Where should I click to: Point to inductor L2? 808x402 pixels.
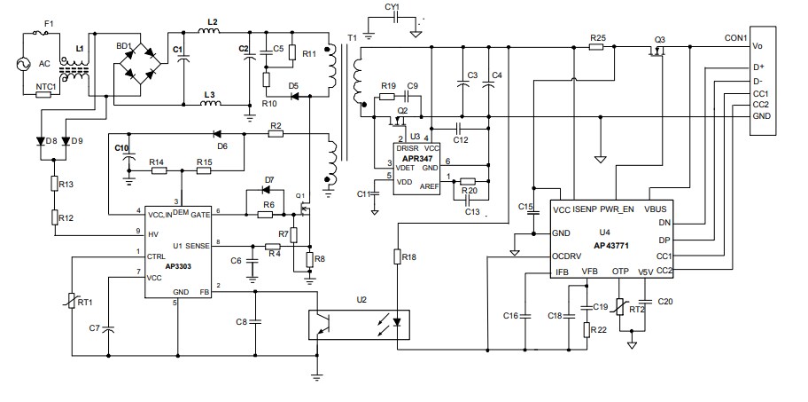click(211, 33)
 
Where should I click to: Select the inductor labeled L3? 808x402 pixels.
click(210, 104)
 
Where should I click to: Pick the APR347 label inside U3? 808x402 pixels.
click(416, 157)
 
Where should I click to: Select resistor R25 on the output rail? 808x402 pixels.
click(598, 47)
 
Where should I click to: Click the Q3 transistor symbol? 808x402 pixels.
click(658, 53)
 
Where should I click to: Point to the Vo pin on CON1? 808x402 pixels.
click(757, 46)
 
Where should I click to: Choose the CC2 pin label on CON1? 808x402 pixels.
click(759, 105)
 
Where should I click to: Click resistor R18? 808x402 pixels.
click(395, 257)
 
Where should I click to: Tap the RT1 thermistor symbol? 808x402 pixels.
click(71, 302)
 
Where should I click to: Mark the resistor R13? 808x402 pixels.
click(55, 184)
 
